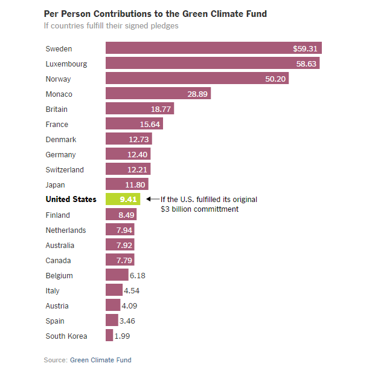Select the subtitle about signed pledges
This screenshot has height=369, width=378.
pos(111,25)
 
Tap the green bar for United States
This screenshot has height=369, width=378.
pos(123,199)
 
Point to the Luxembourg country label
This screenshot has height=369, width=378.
pos(66,64)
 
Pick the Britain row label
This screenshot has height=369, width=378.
pos(57,109)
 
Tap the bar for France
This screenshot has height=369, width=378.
pos(134,124)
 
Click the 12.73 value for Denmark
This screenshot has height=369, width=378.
pos(139,139)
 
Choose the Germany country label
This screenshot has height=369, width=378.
pos(60,154)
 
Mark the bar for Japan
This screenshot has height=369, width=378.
pos(127,184)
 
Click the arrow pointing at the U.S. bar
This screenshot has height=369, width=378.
pos(152,199)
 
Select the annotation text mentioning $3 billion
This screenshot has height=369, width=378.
pos(208,204)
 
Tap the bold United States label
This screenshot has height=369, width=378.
pos(71,199)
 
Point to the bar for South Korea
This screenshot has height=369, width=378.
pos(109,336)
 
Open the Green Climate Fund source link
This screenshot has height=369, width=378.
pos(100,360)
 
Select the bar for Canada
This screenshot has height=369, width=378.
pos(120,260)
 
